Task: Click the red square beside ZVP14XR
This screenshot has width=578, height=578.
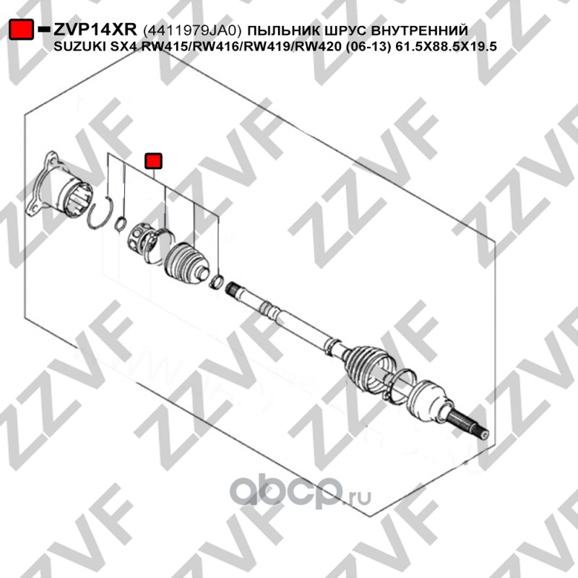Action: point(22,30)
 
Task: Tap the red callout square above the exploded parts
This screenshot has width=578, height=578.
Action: point(153,160)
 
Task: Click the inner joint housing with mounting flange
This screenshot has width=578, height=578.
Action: point(61,189)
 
